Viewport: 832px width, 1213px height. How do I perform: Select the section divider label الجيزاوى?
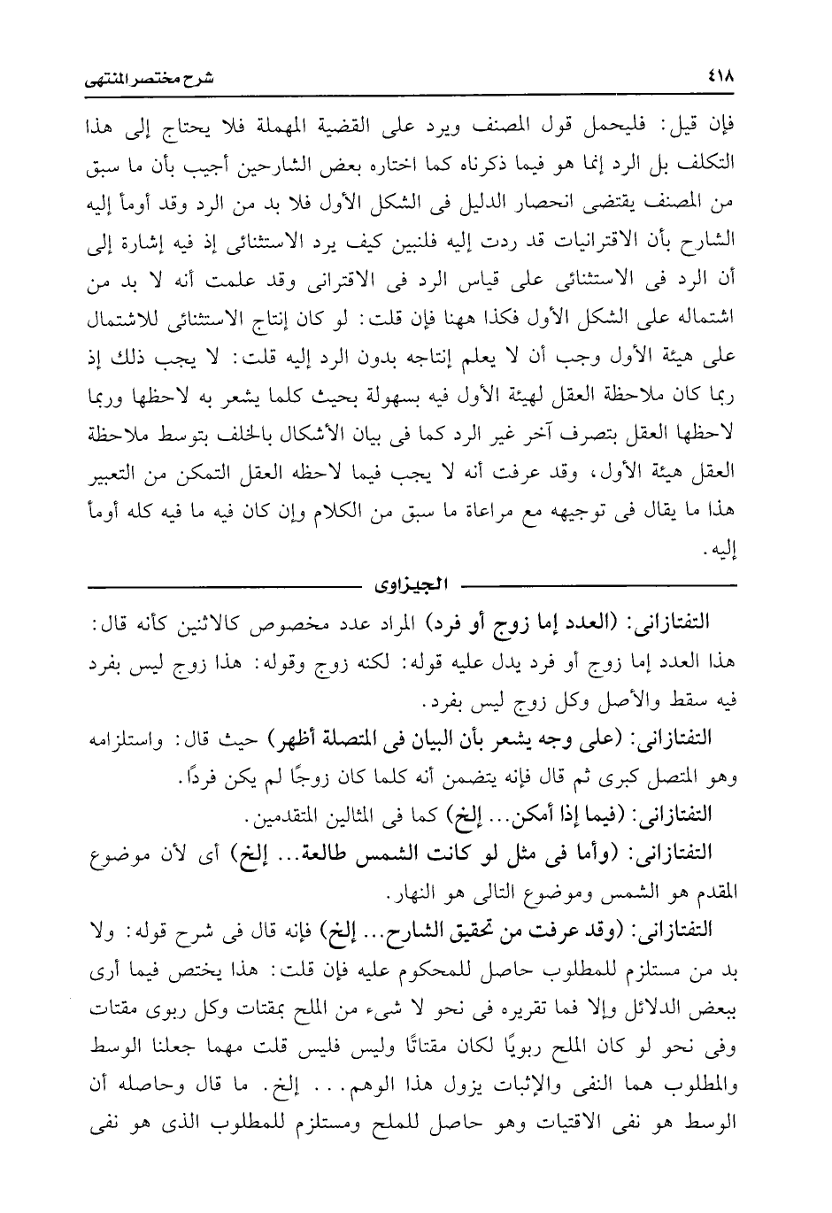[x=412, y=584]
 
